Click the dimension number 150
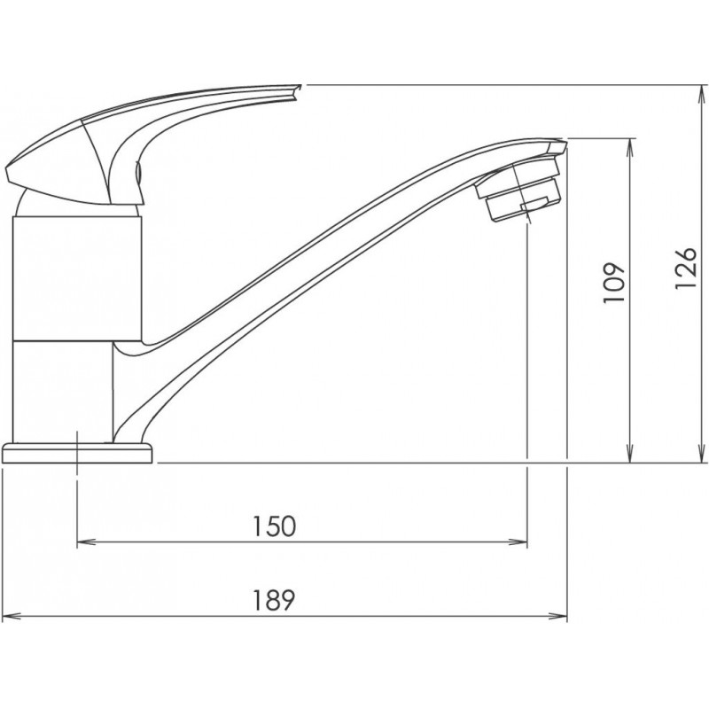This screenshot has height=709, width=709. coord(274,526)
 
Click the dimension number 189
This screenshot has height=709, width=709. coord(274,600)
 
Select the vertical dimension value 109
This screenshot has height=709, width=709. coord(614,283)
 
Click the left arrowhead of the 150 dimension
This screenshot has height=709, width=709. coord(86,541)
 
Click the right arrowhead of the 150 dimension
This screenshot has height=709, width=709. coord(518,541)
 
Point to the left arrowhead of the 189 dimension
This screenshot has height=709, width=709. coord(12,616)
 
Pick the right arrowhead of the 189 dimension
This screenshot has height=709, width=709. coord(557,616)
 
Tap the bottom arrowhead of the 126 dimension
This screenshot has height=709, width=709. coord(702,453)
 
